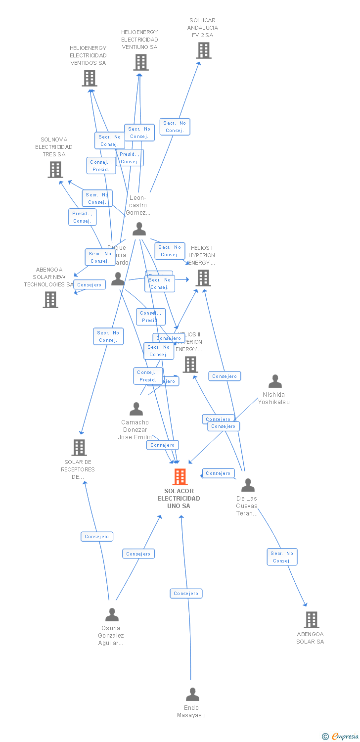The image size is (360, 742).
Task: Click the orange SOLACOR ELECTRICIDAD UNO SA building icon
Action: tap(180, 477)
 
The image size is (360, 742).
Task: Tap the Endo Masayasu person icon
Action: tap(192, 695)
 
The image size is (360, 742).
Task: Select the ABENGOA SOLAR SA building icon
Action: tap(311, 620)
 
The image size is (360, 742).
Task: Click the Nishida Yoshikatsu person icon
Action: tap(275, 381)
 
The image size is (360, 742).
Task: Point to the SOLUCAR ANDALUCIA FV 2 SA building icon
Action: tap(203, 50)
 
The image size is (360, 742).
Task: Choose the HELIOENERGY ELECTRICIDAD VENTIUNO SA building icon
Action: tap(141, 62)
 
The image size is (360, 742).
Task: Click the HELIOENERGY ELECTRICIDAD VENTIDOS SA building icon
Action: tap(90, 78)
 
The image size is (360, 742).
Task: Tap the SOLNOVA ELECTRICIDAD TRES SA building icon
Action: tap(55, 170)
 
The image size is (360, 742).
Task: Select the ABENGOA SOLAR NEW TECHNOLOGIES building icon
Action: tap(50, 300)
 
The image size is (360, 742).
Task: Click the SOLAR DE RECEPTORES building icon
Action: tap(79, 448)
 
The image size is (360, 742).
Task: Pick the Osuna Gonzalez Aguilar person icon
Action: tap(112, 615)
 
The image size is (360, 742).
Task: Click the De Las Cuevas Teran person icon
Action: tap(248, 485)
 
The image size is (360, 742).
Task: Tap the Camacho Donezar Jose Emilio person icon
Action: tap(136, 409)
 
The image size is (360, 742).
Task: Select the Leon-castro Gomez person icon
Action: tap(139, 229)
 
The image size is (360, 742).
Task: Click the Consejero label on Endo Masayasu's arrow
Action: tap(186, 594)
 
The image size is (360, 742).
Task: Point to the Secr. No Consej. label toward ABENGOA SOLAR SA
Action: tap(282, 557)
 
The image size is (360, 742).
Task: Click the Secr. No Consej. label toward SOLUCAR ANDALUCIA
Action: tap(175, 127)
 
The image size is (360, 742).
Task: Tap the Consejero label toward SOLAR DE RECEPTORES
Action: tap(97, 537)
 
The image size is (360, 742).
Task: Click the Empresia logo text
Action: tap(345, 737)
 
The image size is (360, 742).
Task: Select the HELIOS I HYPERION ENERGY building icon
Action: tap(203, 278)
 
